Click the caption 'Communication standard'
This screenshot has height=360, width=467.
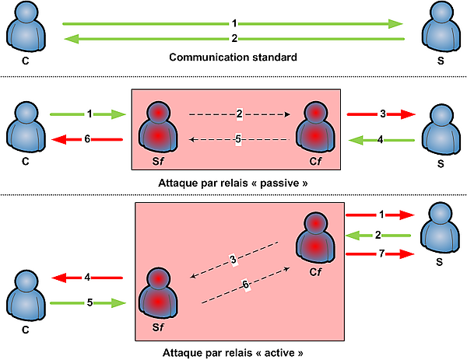click(x=233, y=57)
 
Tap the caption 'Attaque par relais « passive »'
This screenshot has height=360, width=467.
click(x=233, y=183)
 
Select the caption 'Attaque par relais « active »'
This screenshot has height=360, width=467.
click(x=233, y=352)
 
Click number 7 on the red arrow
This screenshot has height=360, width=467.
click(x=381, y=253)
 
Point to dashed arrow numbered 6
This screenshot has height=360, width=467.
click(x=246, y=285)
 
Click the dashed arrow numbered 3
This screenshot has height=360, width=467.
click(x=234, y=260)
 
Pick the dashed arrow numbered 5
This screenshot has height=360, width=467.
click(x=240, y=139)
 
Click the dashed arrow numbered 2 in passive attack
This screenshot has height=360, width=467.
click(x=240, y=114)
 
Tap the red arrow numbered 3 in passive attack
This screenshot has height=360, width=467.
click(x=381, y=114)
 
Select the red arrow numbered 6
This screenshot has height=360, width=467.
click(x=87, y=139)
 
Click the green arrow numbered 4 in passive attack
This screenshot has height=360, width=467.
click(x=381, y=140)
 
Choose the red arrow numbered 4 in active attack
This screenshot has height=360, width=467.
click(x=87, y=278)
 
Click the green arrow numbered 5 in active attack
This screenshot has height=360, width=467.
click(x=88, y=303)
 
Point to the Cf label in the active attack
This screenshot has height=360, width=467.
click(x=315, y=271)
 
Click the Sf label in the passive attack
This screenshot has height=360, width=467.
click(x=158, y=161)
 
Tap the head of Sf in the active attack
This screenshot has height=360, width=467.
click(x=159, y=279)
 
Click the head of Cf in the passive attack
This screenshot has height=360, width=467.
click(x=315, y=113)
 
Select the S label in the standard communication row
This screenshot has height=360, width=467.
click(x=441, y=61)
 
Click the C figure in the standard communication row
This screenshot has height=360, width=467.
click(x=26, y=26)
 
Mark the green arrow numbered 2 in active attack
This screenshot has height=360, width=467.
click(x=378, y=236)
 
